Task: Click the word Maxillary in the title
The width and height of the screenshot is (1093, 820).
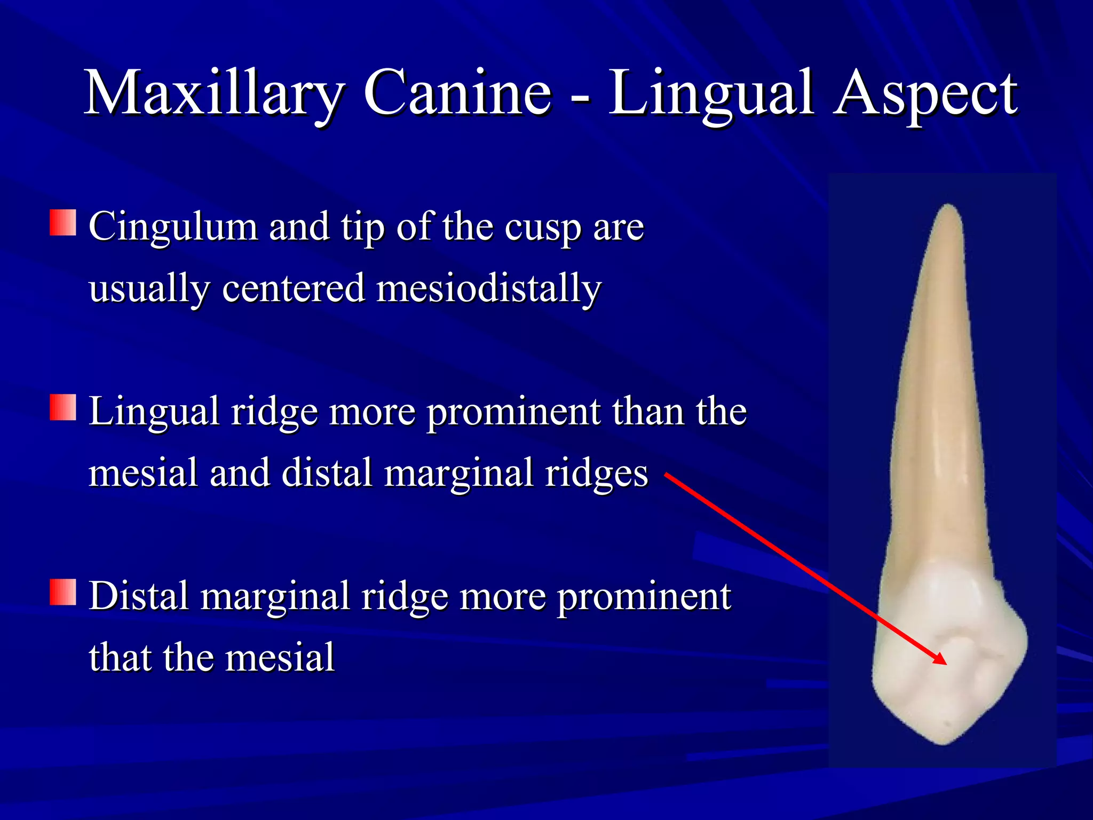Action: [x=213, y=93]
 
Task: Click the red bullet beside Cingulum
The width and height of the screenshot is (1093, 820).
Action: [x=63, y=223]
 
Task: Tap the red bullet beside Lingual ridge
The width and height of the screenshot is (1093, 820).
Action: [x=63, y=407]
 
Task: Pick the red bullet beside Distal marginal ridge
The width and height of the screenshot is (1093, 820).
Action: [x=63, y=592]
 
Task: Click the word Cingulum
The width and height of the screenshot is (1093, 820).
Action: [x=173, y=227]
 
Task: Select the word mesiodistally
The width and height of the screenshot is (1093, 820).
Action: [x=489, y=288]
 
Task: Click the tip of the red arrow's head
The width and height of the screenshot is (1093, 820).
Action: [x=946, y=665]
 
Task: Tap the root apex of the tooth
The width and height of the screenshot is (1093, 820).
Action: [x=948, y=207]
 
